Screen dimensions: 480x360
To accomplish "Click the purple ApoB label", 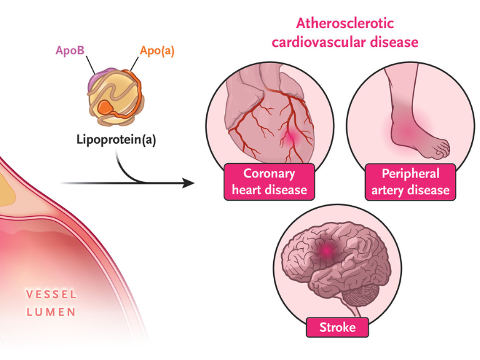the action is click(x=70, y=50).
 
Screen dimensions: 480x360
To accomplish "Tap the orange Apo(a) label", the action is click(x=157, y=51).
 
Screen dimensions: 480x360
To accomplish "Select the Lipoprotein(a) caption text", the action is click(x=116, y=139).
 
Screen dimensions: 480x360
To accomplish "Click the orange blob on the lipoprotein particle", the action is click(x=106, y=107).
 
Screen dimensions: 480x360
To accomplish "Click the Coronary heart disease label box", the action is click(x=269, y=182).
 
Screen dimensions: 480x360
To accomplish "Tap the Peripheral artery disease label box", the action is click(x=410, y=182).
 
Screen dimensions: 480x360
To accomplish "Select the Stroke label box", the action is click(x=337, y=327).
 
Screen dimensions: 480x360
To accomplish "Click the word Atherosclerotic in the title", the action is click(x=345, y=24).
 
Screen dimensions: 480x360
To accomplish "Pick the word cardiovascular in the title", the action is click(x=318, y=42).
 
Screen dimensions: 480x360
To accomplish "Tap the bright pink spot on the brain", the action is click(x=327, y=251).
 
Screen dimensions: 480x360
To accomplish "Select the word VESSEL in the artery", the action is click(x=51, y=294).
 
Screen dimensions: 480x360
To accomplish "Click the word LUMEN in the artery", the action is click(x=51, y=312).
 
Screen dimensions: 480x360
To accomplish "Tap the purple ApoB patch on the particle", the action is click(x=101, y=77).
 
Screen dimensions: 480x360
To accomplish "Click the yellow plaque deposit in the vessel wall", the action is click(x=6, y=191).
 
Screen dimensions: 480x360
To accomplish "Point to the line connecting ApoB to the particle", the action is click(x=91, y=66).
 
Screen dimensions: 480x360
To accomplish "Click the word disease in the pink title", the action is click(x=394, y=42).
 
